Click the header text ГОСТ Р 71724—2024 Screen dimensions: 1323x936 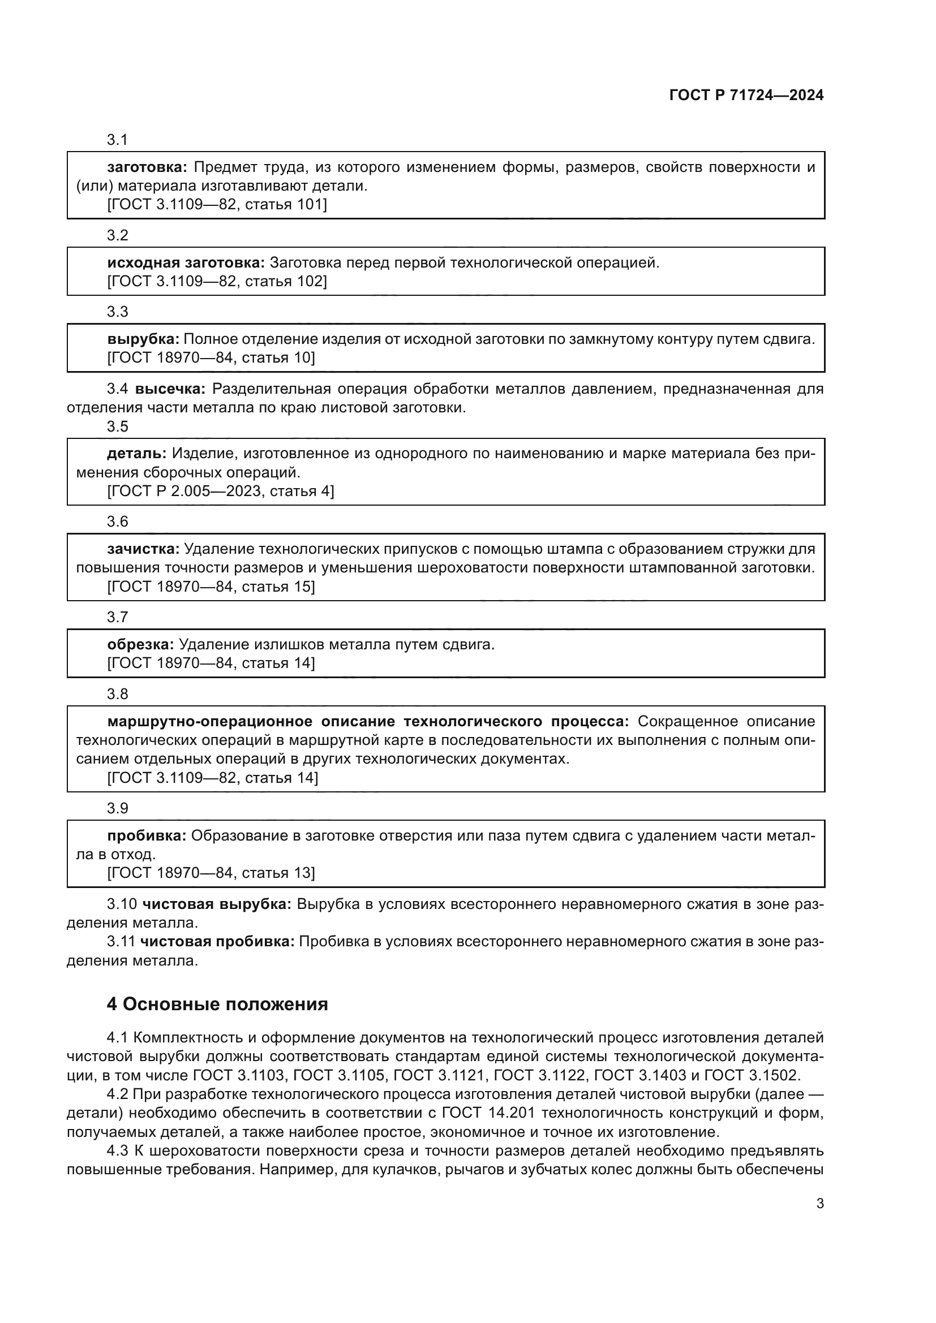pyautogui.click(x=746, y=96)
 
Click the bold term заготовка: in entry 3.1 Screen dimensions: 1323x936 pyautogui.click(x=147, y=167)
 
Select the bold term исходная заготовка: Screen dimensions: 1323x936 pyautogui.click(x=186, y=264)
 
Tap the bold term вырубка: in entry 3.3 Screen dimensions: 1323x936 pyautogui.click(x=144, y=339)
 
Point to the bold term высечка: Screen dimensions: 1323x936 pyautogui.click(x=170, y=389)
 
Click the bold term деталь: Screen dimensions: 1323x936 pyautogui.click(x=136, y=454)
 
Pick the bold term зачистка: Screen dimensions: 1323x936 pyautogui.click(x=144, y=549)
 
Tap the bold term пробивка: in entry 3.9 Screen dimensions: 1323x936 pyautogui.click(x=147, y=836)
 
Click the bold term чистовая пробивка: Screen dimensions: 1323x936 pyautogui.click(x=217, y=942)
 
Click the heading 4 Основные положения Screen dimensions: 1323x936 pyautogui.click(x=217, y=1005)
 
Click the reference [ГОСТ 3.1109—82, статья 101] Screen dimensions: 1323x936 pyautogui.click(x=217, y=205)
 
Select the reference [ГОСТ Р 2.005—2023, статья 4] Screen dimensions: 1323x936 pyautogui.click(x=220, y=492)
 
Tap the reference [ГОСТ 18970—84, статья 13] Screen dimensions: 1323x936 pyautogui.click(x=211, y=873)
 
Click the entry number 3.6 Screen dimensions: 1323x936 pyautogui.click(x=118, y=522)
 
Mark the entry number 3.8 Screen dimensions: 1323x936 pyautogui.click(x=118, y=694)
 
